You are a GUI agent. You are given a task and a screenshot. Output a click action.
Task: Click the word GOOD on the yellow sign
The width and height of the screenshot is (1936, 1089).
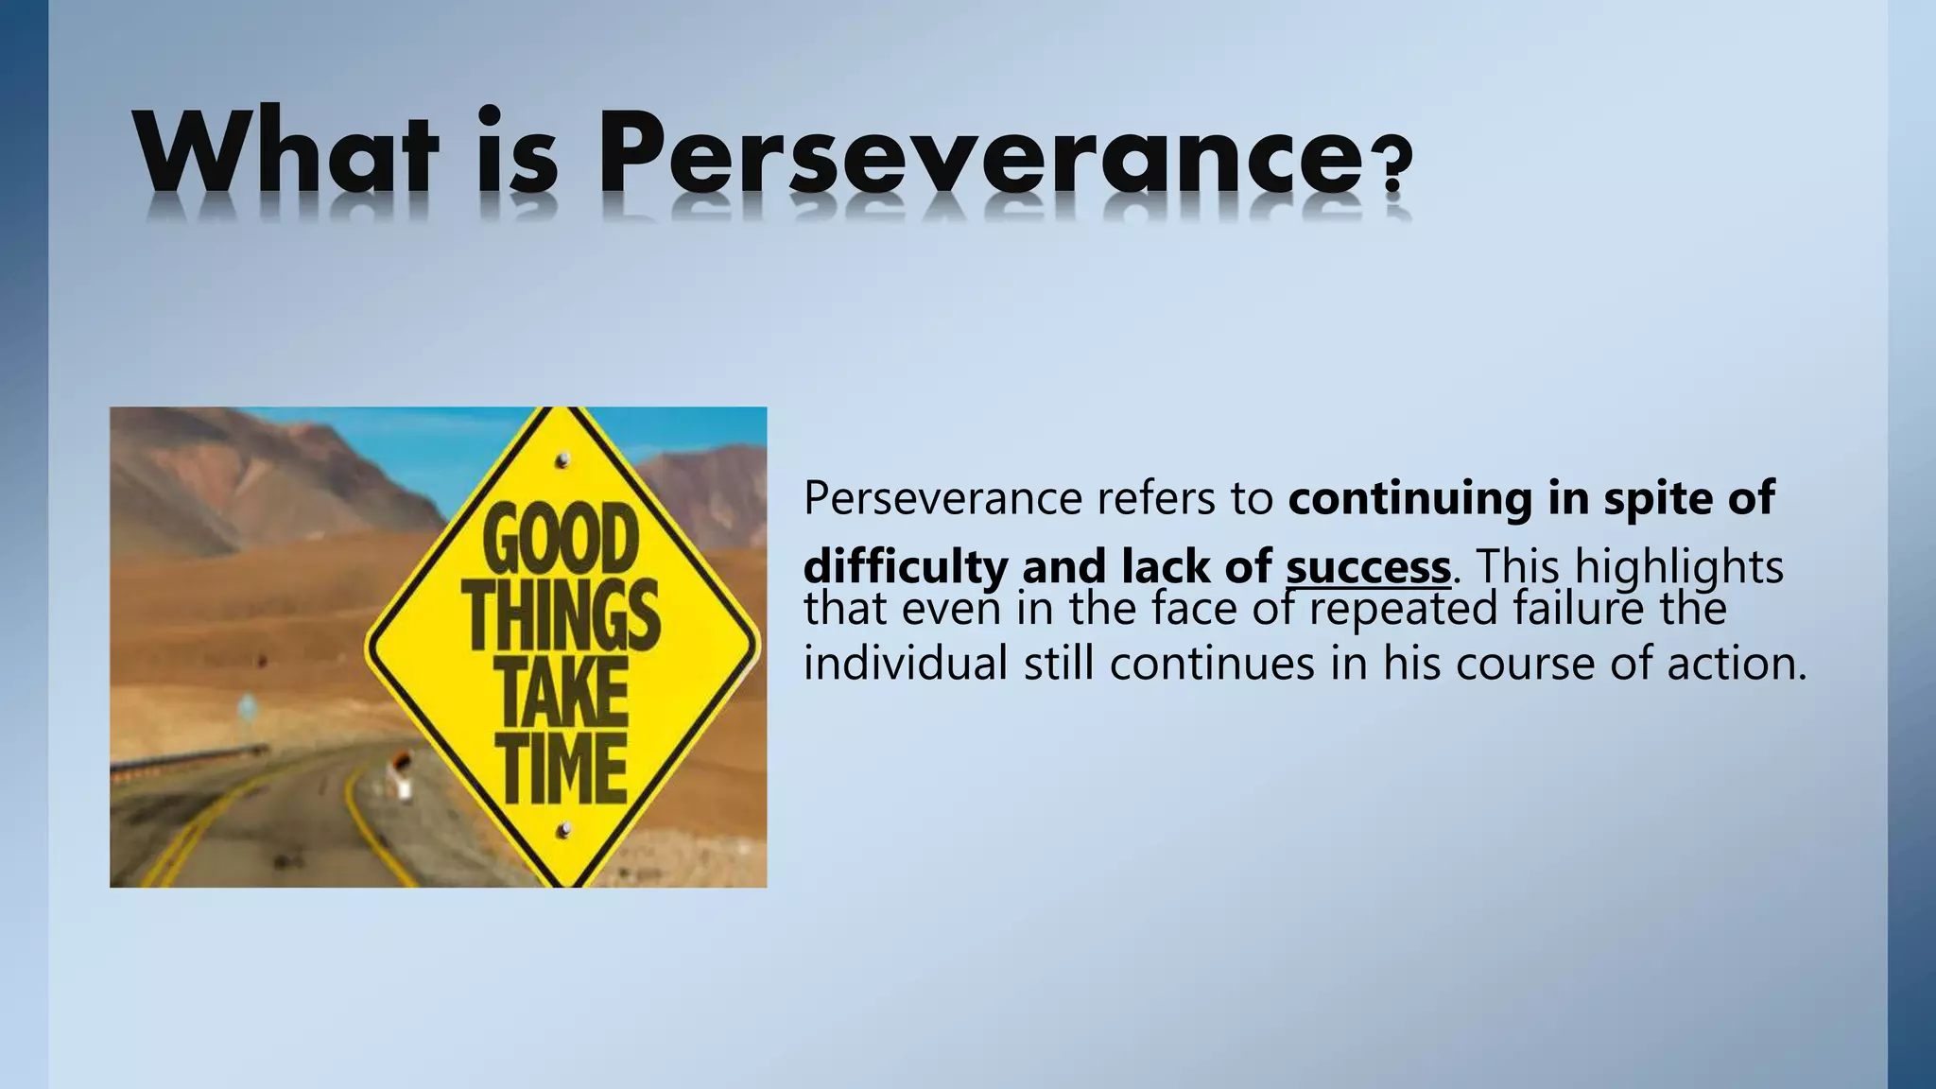[560, 539]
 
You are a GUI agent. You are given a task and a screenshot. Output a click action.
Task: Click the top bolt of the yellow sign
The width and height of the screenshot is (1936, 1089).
[563, 460]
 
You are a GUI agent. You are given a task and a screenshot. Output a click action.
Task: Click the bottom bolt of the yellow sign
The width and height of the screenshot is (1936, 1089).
[564, 831]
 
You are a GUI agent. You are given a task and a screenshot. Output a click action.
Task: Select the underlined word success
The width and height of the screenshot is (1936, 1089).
[1367, 567]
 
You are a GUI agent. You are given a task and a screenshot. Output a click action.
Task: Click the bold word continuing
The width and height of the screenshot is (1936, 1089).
[1409, 497]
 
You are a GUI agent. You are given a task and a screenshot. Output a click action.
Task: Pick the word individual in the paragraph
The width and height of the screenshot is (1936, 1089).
[905, 663]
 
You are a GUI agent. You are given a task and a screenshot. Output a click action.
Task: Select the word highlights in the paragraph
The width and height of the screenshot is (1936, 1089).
[1679, 567]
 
